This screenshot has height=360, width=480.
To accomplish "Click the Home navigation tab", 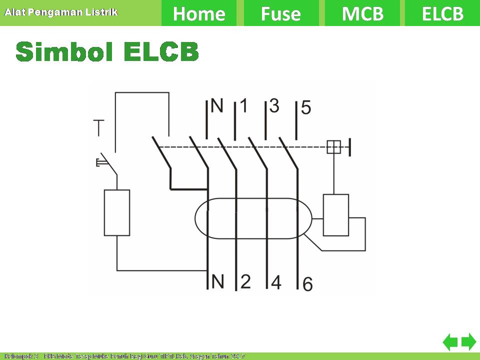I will click(199, 13).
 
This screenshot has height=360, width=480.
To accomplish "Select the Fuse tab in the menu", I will click(281, 13).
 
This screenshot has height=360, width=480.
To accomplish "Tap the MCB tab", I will click(363, 13).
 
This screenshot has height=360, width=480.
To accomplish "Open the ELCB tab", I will click(442, 13).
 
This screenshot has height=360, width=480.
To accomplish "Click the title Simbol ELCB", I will click(107, 51).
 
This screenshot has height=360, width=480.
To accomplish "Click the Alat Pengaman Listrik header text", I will click(61, 11).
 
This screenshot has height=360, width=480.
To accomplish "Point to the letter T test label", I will click(98, 128).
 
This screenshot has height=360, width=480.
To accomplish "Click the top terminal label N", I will click(217, 105).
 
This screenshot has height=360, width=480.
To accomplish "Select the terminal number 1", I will click(243, 105).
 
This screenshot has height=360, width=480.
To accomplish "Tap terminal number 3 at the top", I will click(274, 105).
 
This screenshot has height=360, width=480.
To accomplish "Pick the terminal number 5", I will click(306, 107).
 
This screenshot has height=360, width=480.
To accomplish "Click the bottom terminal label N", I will click(217, 281).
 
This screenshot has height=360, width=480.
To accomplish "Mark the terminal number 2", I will click(245, 281).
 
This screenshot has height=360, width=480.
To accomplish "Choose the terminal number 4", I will click(276, 282).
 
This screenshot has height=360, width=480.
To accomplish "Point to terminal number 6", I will click(308, 284).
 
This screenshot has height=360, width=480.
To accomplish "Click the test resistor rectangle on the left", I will click(117, 212).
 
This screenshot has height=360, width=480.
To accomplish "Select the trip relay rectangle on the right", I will click(335, 215).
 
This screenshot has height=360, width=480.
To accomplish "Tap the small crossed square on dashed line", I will click(334, 147).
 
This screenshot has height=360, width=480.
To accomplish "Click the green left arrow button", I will click(450, 342).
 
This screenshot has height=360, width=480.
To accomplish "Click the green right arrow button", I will click(468, 342).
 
